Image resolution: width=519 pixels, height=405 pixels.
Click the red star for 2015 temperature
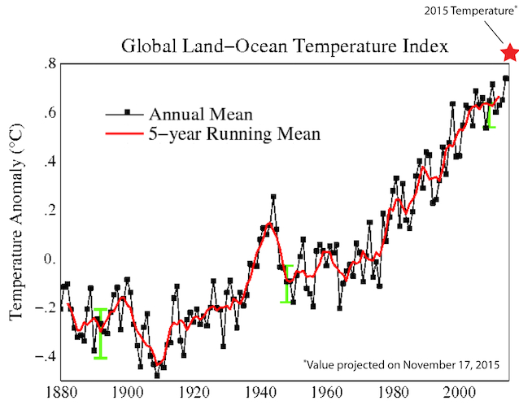509,54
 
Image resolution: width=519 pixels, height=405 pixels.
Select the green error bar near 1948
287,284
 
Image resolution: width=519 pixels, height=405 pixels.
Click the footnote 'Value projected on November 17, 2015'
401,364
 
